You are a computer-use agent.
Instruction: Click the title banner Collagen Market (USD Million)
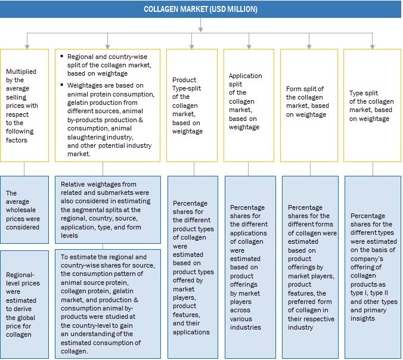coord(201,10)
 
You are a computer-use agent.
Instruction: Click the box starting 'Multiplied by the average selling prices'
coord(24,105)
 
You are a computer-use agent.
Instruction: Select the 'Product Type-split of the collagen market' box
coord(191,105)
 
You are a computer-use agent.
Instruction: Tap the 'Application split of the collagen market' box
coord(248,105)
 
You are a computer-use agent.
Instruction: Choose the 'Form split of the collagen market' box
coord(309,105)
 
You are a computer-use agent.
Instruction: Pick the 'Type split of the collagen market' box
coord(373,105)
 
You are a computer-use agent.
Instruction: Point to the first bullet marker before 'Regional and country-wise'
coord(63,56)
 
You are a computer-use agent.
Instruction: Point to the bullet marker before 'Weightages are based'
coord(63,85)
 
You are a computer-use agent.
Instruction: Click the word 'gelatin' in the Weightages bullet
coord(78,102)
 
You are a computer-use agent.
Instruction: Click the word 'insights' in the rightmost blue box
coord(363,318)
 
